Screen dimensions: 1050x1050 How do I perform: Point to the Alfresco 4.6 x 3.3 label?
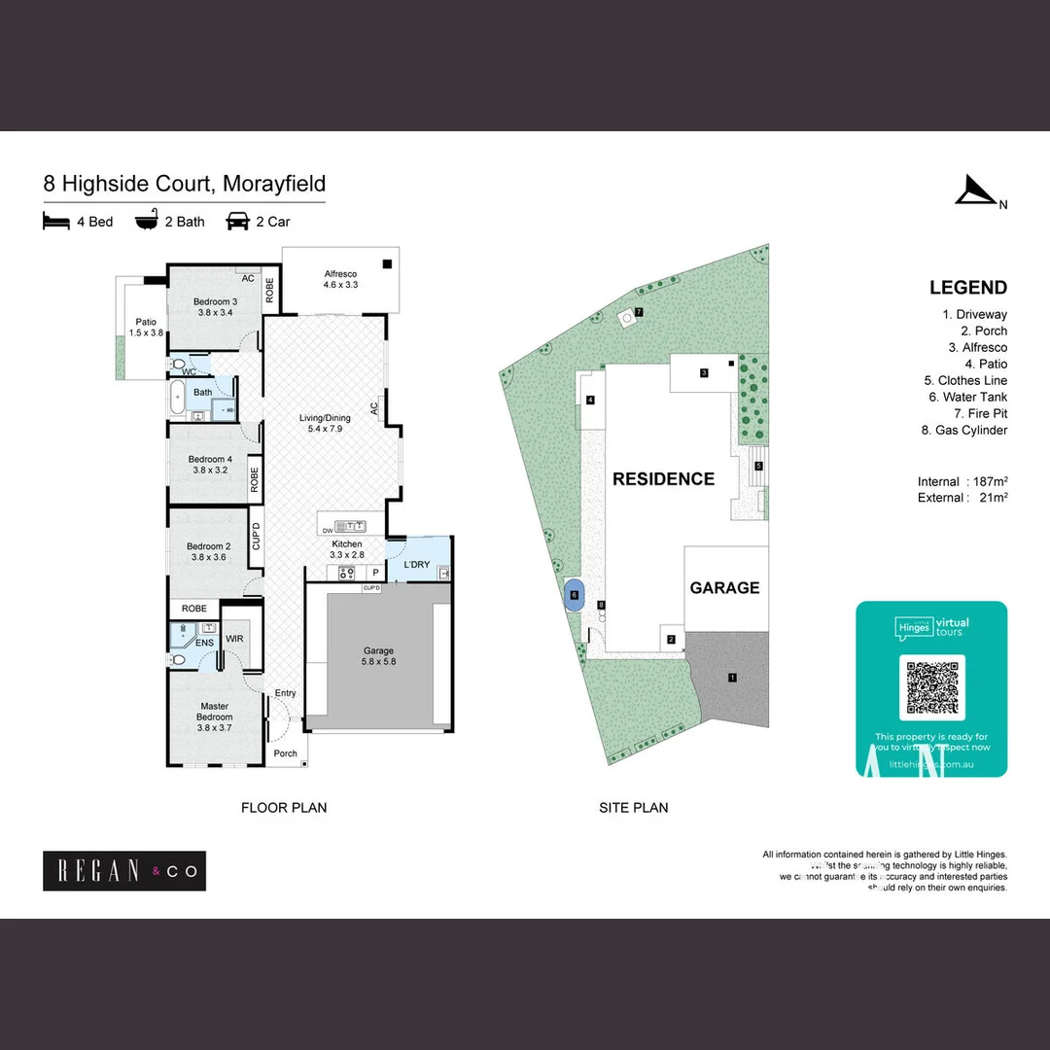341,280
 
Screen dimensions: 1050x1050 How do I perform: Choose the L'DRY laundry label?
416,565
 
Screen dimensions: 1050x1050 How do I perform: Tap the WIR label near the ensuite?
234,639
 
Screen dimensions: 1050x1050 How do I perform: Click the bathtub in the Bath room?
178,399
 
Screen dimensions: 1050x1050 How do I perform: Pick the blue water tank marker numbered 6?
574,595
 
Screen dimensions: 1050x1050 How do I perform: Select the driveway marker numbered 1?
733,677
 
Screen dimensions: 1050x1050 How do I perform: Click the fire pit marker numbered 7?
639,312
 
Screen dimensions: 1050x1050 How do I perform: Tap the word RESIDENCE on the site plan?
663,479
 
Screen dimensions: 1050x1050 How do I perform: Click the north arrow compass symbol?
975,191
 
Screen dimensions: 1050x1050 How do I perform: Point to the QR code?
931,686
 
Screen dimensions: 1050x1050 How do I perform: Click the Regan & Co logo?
124,871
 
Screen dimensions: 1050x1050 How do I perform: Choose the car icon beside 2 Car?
237,222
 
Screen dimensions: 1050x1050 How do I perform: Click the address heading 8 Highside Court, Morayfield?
184,184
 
